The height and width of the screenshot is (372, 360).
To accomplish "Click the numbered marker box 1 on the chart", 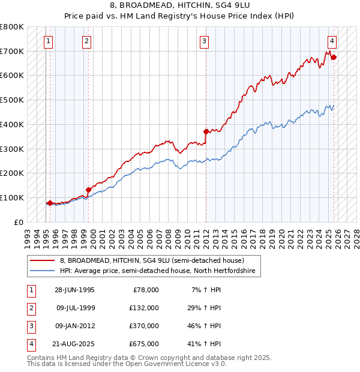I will (48, 41).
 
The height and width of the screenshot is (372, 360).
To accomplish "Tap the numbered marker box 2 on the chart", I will (87, 41).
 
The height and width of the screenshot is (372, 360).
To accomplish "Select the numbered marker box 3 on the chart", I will (205, 41).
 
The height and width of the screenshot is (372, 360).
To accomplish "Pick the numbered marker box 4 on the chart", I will (332, 41).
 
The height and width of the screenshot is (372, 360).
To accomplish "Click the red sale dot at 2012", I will (206, 131).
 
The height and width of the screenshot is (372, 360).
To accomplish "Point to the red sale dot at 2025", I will (334, 58).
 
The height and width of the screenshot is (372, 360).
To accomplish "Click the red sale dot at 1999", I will (88, 189).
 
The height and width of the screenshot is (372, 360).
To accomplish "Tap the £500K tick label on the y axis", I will (12, 100).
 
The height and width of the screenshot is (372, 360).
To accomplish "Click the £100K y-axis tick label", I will (12, 197).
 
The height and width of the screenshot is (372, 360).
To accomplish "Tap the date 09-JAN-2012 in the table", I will (74, 326).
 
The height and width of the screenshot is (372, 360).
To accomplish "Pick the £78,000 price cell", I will (145, 290).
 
